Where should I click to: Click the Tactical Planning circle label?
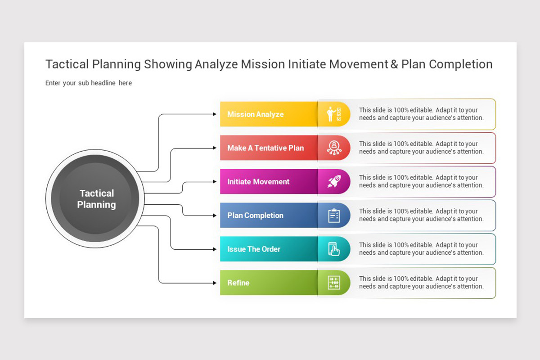(96, 199)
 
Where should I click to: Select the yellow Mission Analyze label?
(255, 114)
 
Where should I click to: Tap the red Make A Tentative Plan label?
(265, 148)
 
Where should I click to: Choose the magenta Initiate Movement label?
(258, 182)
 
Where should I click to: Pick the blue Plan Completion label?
(255, 216)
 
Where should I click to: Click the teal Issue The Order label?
(254, 249)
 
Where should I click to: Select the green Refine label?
(238, 283)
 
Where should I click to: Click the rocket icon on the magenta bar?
(333, 181)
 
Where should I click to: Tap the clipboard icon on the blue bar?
(334, 216)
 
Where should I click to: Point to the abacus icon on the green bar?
(334, 283)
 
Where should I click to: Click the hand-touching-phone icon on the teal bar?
(334, 249)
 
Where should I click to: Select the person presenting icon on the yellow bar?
(333, 114)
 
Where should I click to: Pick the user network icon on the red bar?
(334, 148)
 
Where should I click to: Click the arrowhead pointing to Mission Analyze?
(215, 114)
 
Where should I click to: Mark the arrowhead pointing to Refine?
(215, 283)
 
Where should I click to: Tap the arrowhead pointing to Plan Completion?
(215, 216)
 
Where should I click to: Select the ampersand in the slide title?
(394, 64)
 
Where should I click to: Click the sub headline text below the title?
(89, 83)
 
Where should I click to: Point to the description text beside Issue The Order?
(421, 249)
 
